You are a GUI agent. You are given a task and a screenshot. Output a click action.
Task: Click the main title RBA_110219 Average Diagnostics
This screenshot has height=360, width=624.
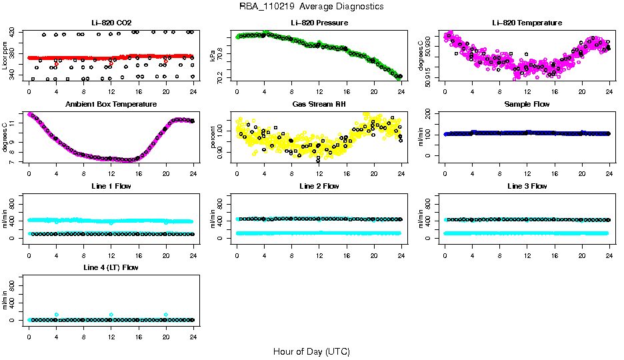point(311,7)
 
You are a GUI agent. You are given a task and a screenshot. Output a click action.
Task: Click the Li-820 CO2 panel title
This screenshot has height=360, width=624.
point(111,23)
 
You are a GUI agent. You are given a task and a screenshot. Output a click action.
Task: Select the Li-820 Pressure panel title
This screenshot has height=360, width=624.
point(319,23)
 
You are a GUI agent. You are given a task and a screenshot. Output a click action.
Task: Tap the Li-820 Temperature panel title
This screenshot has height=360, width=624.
point(527,23)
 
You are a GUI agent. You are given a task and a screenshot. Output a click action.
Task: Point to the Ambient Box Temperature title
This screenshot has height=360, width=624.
point(111,105)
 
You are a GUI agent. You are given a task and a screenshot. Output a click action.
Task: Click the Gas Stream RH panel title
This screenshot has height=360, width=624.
point(319,105)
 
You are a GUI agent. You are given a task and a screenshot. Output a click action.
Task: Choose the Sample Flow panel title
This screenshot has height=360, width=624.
point(527,105)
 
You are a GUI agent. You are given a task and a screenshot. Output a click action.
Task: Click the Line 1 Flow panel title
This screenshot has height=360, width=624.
point(111,186)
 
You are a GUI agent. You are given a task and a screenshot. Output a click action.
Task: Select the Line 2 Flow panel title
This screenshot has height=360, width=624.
point(319,186)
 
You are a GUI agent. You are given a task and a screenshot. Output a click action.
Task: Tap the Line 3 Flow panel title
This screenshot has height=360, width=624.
point(527,186)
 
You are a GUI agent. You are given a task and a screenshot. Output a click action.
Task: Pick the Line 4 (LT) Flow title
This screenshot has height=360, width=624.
point(111,267)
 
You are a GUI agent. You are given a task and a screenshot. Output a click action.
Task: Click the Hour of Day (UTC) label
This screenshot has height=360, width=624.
point(311,351)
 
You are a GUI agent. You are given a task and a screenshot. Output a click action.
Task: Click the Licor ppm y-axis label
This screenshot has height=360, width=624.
point(5,56)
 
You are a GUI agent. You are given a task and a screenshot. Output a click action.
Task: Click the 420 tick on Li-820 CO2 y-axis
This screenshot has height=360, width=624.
point(14,32)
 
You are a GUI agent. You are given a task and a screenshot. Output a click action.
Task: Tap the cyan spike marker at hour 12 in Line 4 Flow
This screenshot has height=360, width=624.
point(111,315)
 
